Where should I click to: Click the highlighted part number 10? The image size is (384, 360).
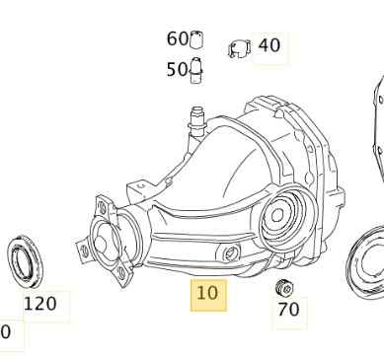point(207,293)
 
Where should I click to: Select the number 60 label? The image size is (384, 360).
point(177,38)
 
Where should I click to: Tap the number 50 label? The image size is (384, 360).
point(177,69)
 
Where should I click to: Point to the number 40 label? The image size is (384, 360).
point(269,45)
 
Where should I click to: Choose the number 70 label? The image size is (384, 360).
point(288,310)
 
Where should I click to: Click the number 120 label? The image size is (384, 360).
point(39,304)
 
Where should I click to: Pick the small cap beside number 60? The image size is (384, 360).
point(196,39)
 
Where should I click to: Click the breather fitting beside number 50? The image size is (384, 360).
point(196,70)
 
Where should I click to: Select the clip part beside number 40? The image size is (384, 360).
point(239,49)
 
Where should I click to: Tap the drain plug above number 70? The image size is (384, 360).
point(284,288)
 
